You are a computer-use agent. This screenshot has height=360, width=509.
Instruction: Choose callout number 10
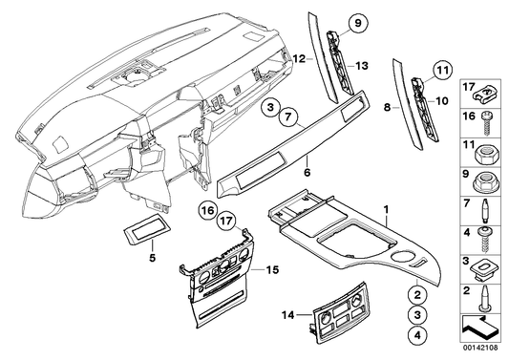point(441,100)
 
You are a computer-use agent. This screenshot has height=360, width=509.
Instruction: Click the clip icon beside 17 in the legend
point(490,93)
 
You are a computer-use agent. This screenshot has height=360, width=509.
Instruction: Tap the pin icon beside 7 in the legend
point(490,204)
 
